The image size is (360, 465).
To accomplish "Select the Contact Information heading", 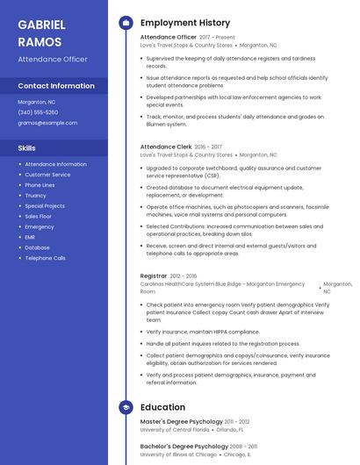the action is point(56,86).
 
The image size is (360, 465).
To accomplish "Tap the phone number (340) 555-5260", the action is point(38,112).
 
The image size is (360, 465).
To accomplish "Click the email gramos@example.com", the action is point(47,123).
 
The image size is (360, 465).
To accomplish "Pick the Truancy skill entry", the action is point(35,196).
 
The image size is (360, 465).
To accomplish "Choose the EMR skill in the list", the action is point(30,237).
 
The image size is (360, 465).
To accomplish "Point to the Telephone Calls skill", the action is point(45,258).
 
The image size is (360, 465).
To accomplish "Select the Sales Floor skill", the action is point(38,216).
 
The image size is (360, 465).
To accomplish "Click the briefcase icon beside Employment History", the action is point(126,23).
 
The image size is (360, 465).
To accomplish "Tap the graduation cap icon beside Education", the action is point(126,407).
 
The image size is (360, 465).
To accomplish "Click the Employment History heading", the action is point(184,23).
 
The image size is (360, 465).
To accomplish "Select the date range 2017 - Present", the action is point(217,38).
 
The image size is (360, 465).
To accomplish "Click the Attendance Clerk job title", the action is point(166,147).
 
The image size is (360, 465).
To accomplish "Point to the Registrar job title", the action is point(153,275).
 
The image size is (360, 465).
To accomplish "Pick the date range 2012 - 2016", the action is point(184,275).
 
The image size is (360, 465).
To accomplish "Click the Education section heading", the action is point(162,407).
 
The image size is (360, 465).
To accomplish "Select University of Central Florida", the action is point(175,430).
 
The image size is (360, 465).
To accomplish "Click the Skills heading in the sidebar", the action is point(26,148).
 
